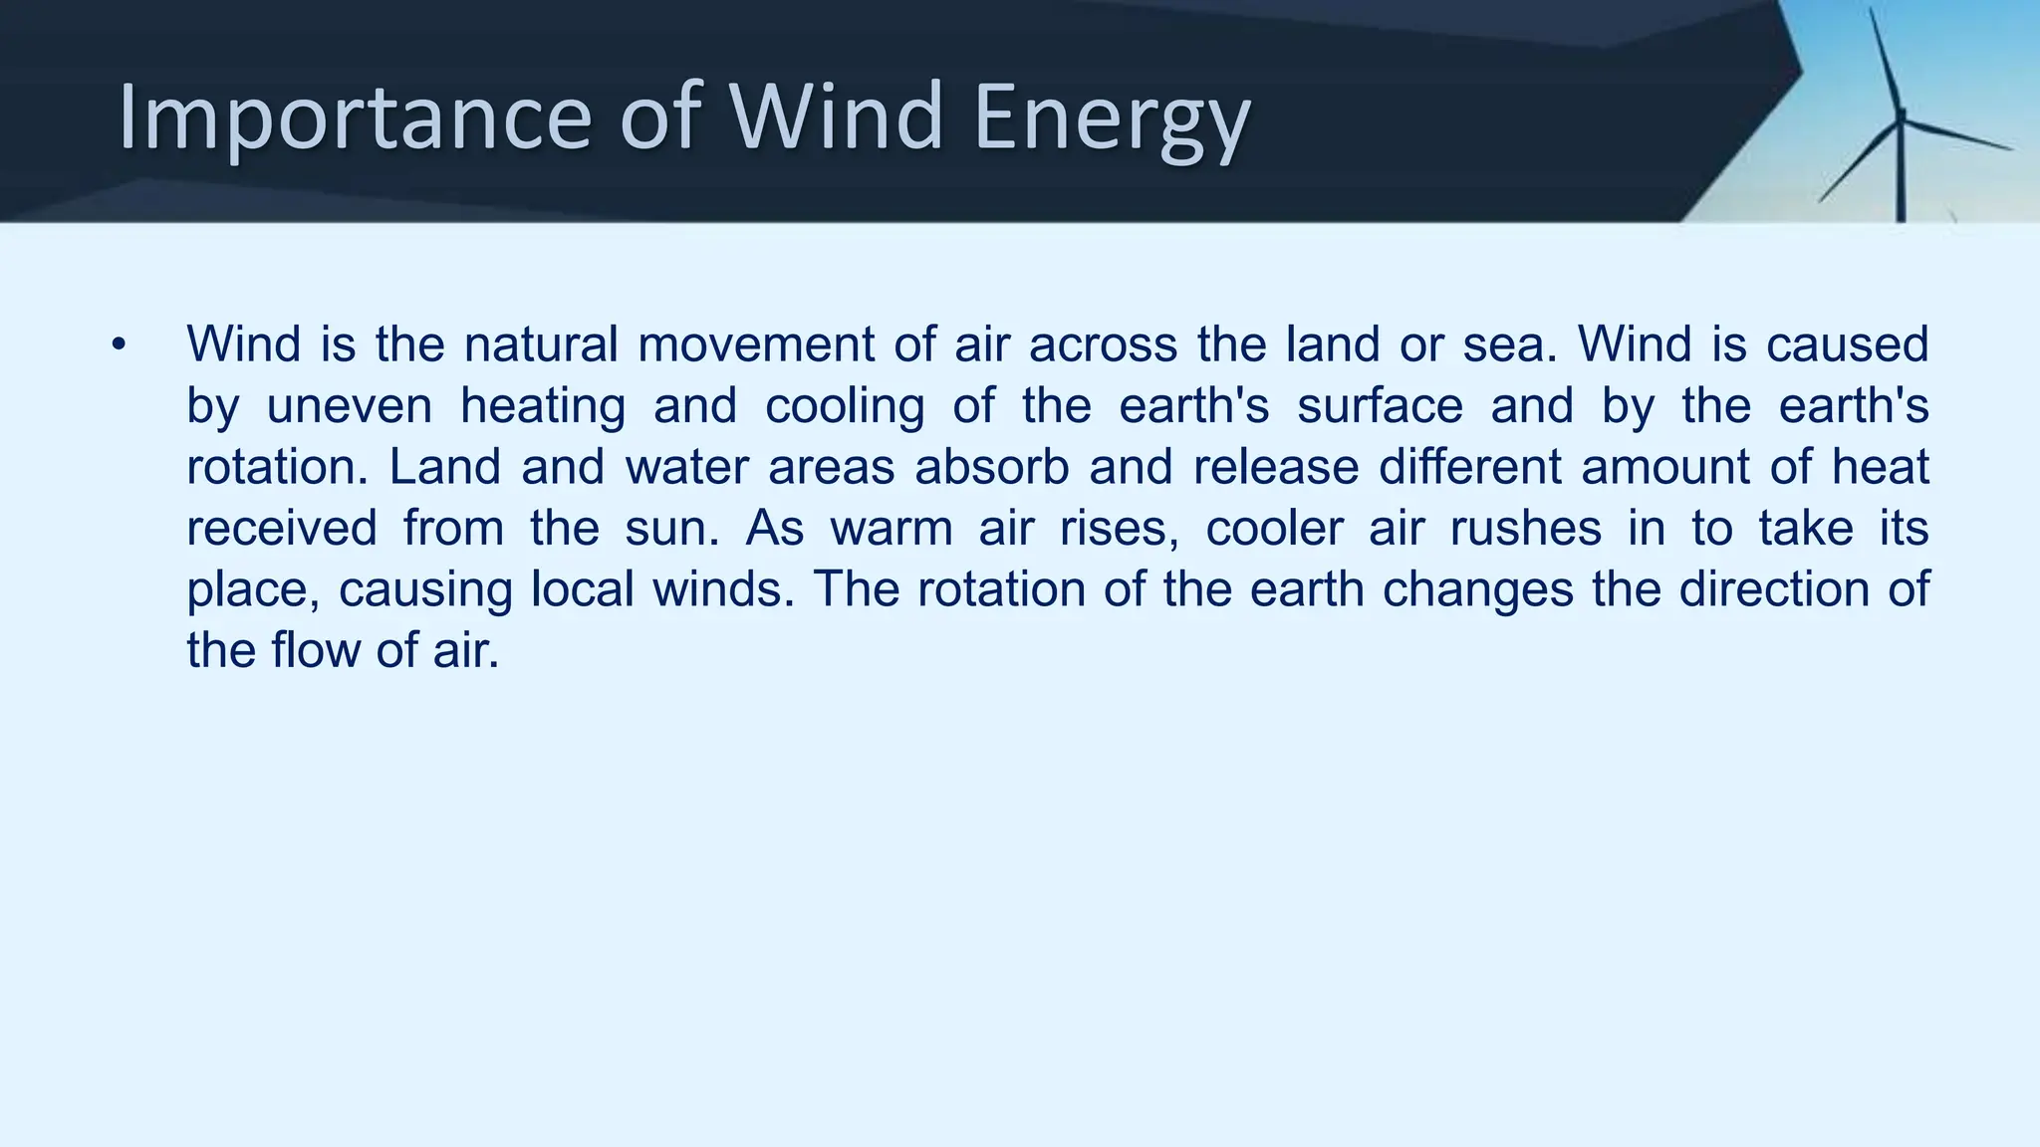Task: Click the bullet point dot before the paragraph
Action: pos(120,345)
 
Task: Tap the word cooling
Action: pos(845,406)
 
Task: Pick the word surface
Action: pos(1380,406)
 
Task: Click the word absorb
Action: pos(991,467)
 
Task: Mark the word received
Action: pos(282,528)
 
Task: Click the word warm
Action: pos(892,528)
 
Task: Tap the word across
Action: pos(1103,344)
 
